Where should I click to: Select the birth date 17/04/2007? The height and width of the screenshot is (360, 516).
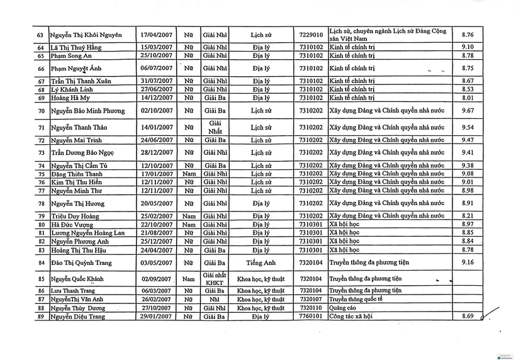tap(156, 35)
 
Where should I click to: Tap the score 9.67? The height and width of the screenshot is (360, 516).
tap(468, 111)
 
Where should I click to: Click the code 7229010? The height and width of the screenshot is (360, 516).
tap(311, 35)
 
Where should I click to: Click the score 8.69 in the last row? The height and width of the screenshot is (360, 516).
tap(468, 317)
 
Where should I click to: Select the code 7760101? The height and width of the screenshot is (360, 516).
tap(311, 317)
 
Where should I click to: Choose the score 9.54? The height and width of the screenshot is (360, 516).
tap(468, 127)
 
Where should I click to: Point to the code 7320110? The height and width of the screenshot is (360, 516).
tap(311, 308)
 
